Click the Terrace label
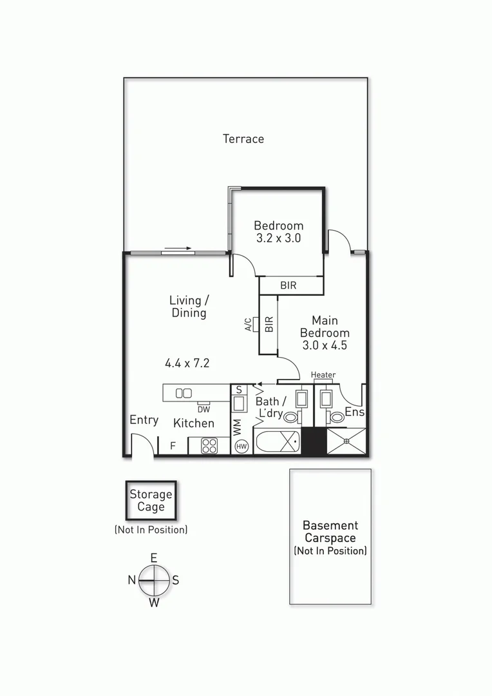[x=243, y=139]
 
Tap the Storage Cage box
[x=151, y=501]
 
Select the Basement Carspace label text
[x=331, y=532]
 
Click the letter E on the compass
[x=154, y=557]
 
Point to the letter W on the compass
[x=154, y=603]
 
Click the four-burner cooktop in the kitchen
[x=209, y=445]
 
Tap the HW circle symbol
[x=242, y=446]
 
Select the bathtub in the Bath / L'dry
[x=277, y=444]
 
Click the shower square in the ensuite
[x=346, y=441]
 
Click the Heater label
[x=323, y=375]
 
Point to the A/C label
[x=249, y=325]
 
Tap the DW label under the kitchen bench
[x=203, y=409]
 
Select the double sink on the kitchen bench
[x=184, y=392]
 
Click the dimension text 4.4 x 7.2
[x=187, y=363]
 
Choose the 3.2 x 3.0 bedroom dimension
[x=278, y=238]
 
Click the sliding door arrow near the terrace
[x=178, y=248]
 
